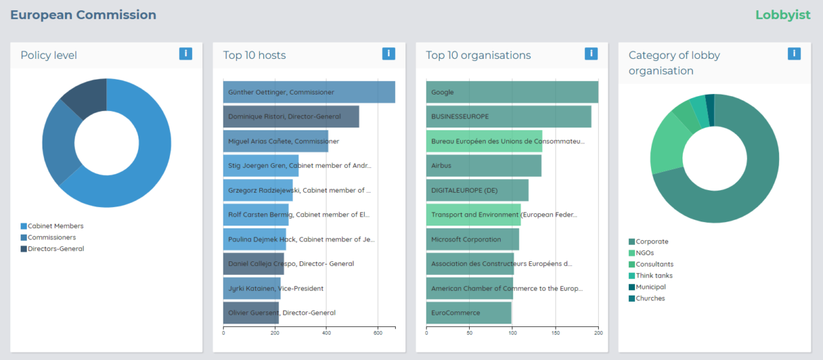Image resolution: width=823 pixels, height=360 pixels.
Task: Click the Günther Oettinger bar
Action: [x=309, y=93]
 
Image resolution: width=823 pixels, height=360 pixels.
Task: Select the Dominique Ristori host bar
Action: [x=291, y=117]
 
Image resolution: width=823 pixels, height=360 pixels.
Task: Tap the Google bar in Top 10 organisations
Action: [x=512, y=93]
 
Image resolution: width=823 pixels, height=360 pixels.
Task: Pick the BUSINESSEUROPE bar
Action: [x=508, y=117]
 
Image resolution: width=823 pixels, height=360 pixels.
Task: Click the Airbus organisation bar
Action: [x=484, y=165]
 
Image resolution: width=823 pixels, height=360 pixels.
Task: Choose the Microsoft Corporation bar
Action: [x=473, y=239]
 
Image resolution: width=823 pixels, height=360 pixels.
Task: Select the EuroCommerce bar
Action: [x=469, y=313]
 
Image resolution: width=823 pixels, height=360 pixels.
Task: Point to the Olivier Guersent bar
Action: [x=251, y=313]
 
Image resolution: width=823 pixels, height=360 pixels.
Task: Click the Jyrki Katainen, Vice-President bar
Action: [x=252, y=289]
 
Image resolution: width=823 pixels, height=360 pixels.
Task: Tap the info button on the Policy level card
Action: [x=185, y=53]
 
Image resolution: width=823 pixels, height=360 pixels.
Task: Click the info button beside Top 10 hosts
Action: [x=388, y=53]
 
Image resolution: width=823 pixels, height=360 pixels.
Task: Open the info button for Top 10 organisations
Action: [x=591, y=53]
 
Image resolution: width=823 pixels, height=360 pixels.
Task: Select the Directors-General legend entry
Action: [x=55, y=249]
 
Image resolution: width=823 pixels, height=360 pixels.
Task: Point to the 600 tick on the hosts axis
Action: [x=377, y=333]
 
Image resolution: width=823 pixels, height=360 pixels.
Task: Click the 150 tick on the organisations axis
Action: [x=556, y=333]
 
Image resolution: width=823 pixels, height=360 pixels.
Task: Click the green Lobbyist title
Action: [x=783, y=15]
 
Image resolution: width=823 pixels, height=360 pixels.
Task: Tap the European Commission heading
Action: [x=83, y=15]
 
